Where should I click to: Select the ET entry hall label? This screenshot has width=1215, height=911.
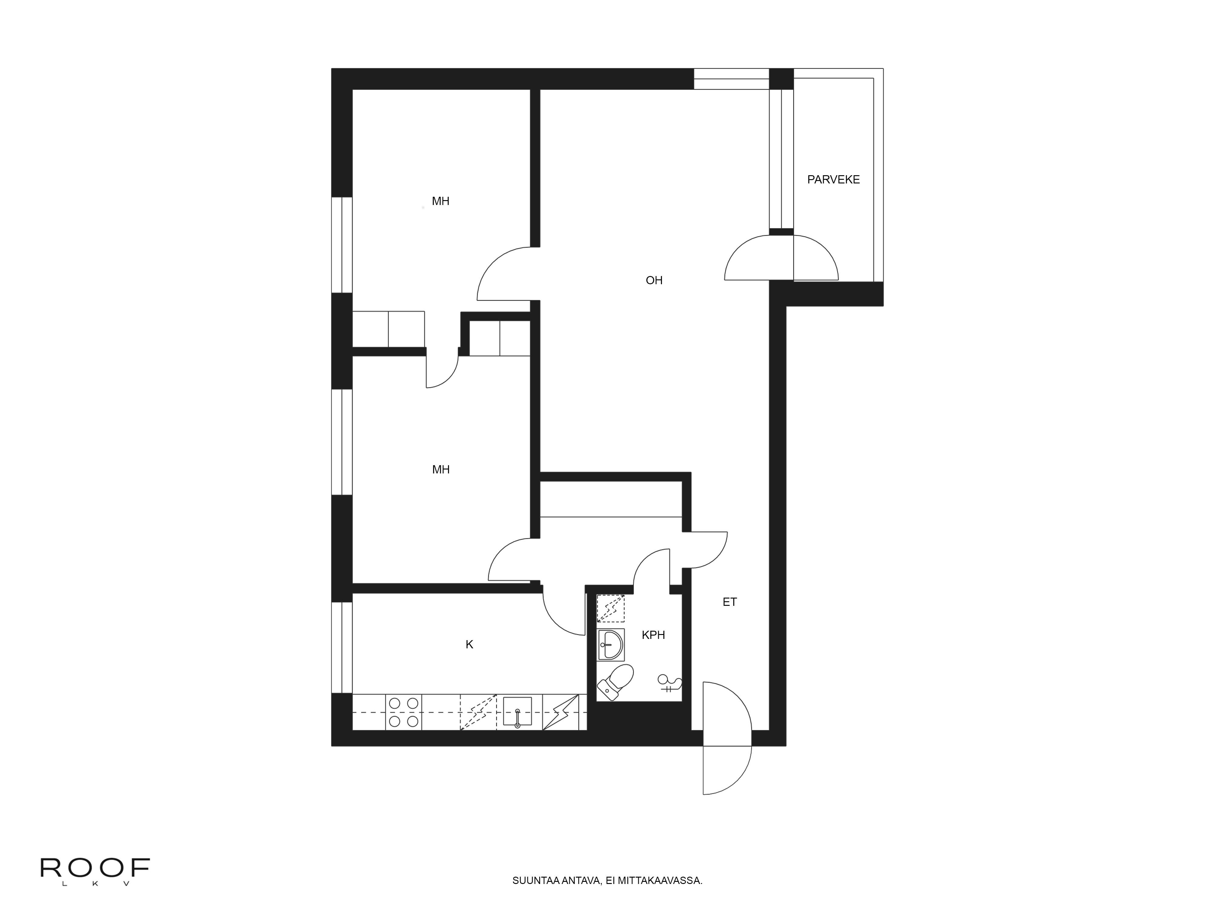(x=729, y=602)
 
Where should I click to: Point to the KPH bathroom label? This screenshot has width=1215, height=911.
(x=653, y=635)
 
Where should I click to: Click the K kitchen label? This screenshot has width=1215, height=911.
(x=469, y=645)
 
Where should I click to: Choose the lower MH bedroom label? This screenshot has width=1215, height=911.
(x=440, y=469)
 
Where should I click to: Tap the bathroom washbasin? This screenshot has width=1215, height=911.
(x=610, y=645)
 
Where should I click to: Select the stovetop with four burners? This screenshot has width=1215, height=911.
(x=404, y=712)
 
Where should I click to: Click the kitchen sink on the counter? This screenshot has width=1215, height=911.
(x=517, y=712)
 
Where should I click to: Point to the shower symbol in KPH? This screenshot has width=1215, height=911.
(x=670, y=684)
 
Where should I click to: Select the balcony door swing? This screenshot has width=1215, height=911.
(x=781, y=258)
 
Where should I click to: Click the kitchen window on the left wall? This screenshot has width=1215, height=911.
(x=342, y=647)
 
